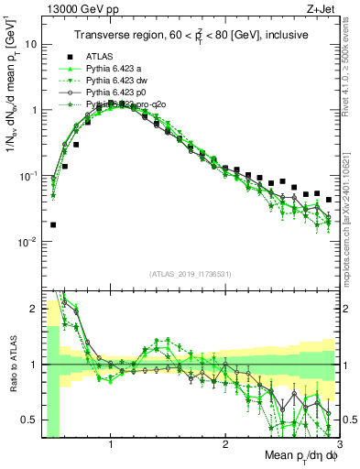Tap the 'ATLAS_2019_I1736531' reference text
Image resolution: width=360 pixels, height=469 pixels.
click(189, 273)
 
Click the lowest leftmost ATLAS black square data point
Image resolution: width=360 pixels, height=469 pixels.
click(53, 224)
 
